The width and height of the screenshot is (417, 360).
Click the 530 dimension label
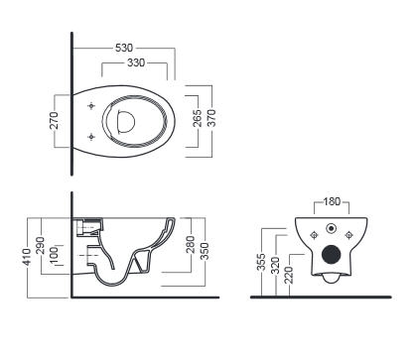(124, 48)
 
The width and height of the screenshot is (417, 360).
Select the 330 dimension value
(136, 62)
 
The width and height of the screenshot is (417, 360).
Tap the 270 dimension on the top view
(54, 120)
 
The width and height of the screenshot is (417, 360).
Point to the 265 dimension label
(197, 118)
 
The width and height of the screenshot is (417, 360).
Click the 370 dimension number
(211, 118)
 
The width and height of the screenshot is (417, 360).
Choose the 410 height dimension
(27, 257)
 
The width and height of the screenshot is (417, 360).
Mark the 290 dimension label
(40, 245)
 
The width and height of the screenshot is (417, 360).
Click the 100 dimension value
(54, 256)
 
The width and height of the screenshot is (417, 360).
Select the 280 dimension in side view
(191, 244)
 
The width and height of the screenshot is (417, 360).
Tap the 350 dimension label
(205, 251)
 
